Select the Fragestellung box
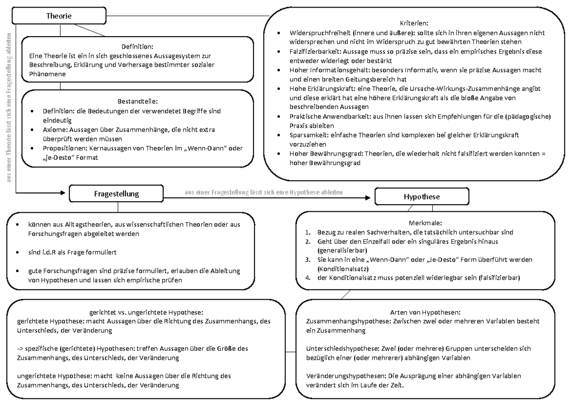click(x=116, y=193)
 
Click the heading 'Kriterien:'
click(x=414, y=23)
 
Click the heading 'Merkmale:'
click(x=425, y=223)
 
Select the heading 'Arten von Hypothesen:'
click(x=425, y=312)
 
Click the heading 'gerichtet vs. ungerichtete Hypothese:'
click(x=146, y=312)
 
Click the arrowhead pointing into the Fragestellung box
click(x=65, y=193)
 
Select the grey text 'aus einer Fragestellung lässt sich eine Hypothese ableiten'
click(x=264, y=192)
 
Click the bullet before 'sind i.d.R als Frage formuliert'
click(x=18, y=251)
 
